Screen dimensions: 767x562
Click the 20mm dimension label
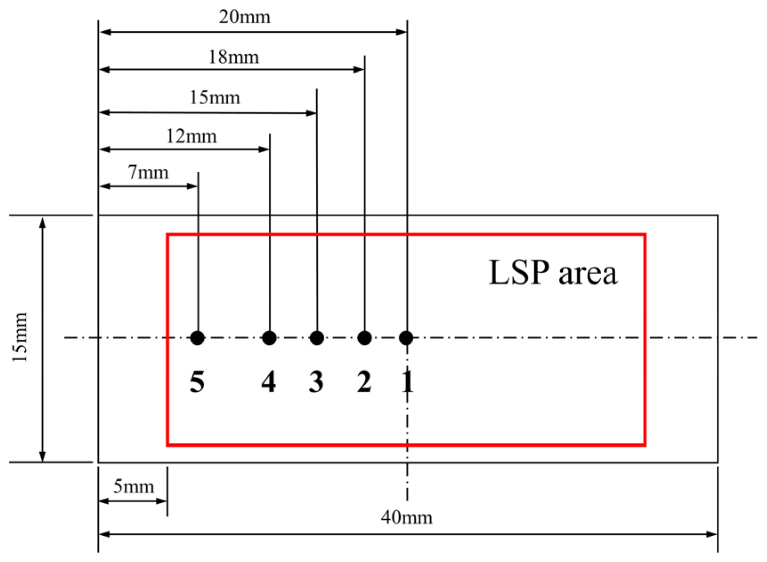pos(244,17)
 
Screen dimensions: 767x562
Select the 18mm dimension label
pos(234,57)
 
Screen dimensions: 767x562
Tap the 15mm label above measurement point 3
pos(215,98)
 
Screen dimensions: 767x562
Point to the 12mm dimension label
pos(191,136)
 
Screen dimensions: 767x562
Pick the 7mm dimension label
pos(148,173)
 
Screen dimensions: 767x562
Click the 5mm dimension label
pos(133,486)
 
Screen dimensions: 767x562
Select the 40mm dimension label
pos(406,517)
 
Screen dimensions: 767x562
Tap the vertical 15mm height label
pos(20,337)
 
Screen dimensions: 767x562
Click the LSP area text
pos(553,273)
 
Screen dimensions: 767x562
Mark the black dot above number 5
pos(198,338)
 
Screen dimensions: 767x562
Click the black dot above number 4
pos(269,338)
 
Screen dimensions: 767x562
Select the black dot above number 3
pos(317,338)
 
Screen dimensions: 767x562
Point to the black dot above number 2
pos(364,338)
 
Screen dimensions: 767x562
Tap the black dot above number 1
pos(406,338)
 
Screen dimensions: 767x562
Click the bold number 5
pos(197,382)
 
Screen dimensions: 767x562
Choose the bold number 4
pos(269,382)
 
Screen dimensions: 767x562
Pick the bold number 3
pos(316,382)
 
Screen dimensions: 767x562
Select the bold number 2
pos(364,382)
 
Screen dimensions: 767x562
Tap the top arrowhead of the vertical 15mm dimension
pos(42,222)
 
